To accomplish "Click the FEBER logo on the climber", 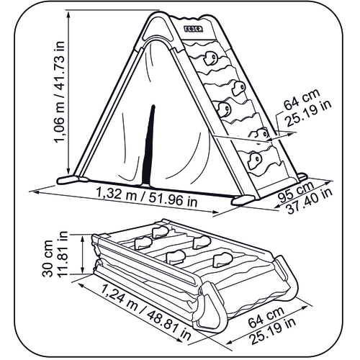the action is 194,29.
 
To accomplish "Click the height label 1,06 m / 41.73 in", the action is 59,92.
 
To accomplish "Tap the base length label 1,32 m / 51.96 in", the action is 147,197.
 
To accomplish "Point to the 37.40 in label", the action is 310,201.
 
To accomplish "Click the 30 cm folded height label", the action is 48,258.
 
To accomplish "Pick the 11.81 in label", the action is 63,254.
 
